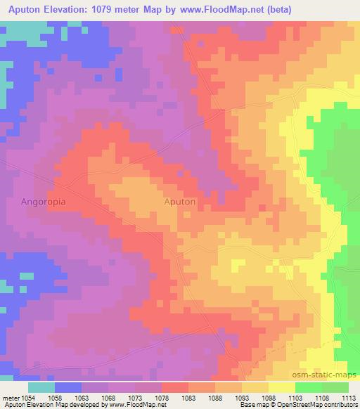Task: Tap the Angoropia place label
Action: [44, 201]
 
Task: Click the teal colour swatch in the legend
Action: [41, 387]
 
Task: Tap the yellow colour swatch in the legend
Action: [281, 387]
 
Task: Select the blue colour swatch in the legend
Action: [68, 387]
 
